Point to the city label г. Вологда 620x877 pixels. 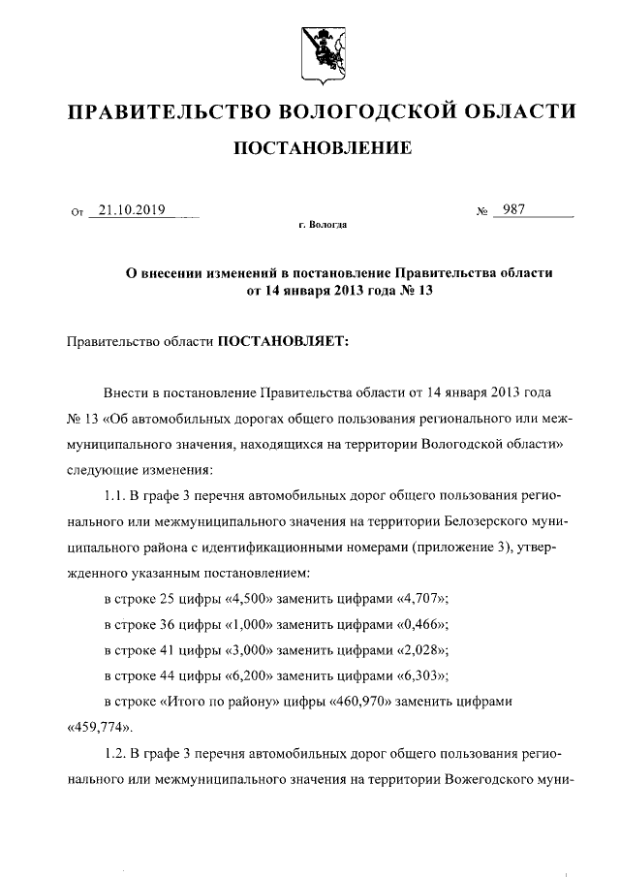321,225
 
